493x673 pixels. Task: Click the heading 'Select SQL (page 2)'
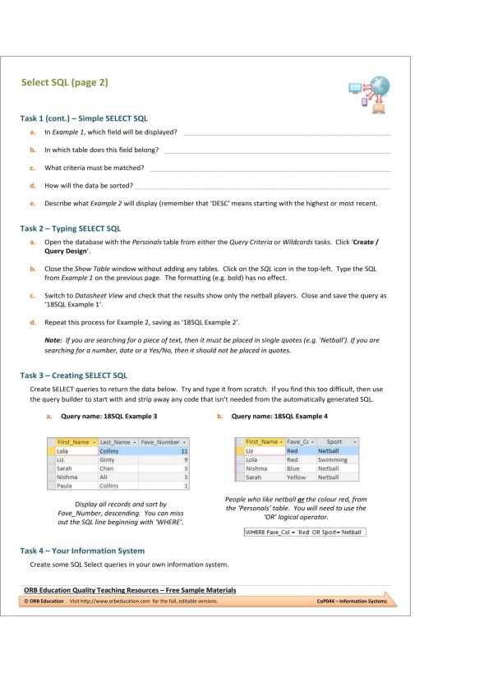click(64, 82)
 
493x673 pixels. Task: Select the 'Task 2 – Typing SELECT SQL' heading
click(71, 228)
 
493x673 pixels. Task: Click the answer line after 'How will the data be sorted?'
click(263, 187)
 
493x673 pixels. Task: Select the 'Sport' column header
click(334, 442)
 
